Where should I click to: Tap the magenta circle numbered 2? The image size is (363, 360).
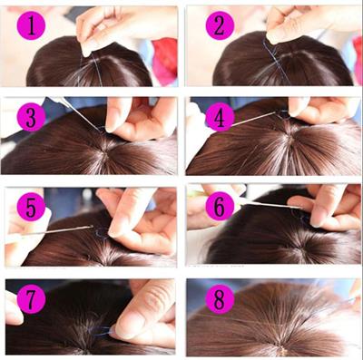pyautogui.click(x=219, y=25)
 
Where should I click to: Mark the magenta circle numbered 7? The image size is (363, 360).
pyautogui.click(x=34, y=298)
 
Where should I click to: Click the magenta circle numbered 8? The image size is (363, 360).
pyautogui.click(x=219, y=298)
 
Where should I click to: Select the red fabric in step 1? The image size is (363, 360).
pyautogui.click(x=165, y=59)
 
